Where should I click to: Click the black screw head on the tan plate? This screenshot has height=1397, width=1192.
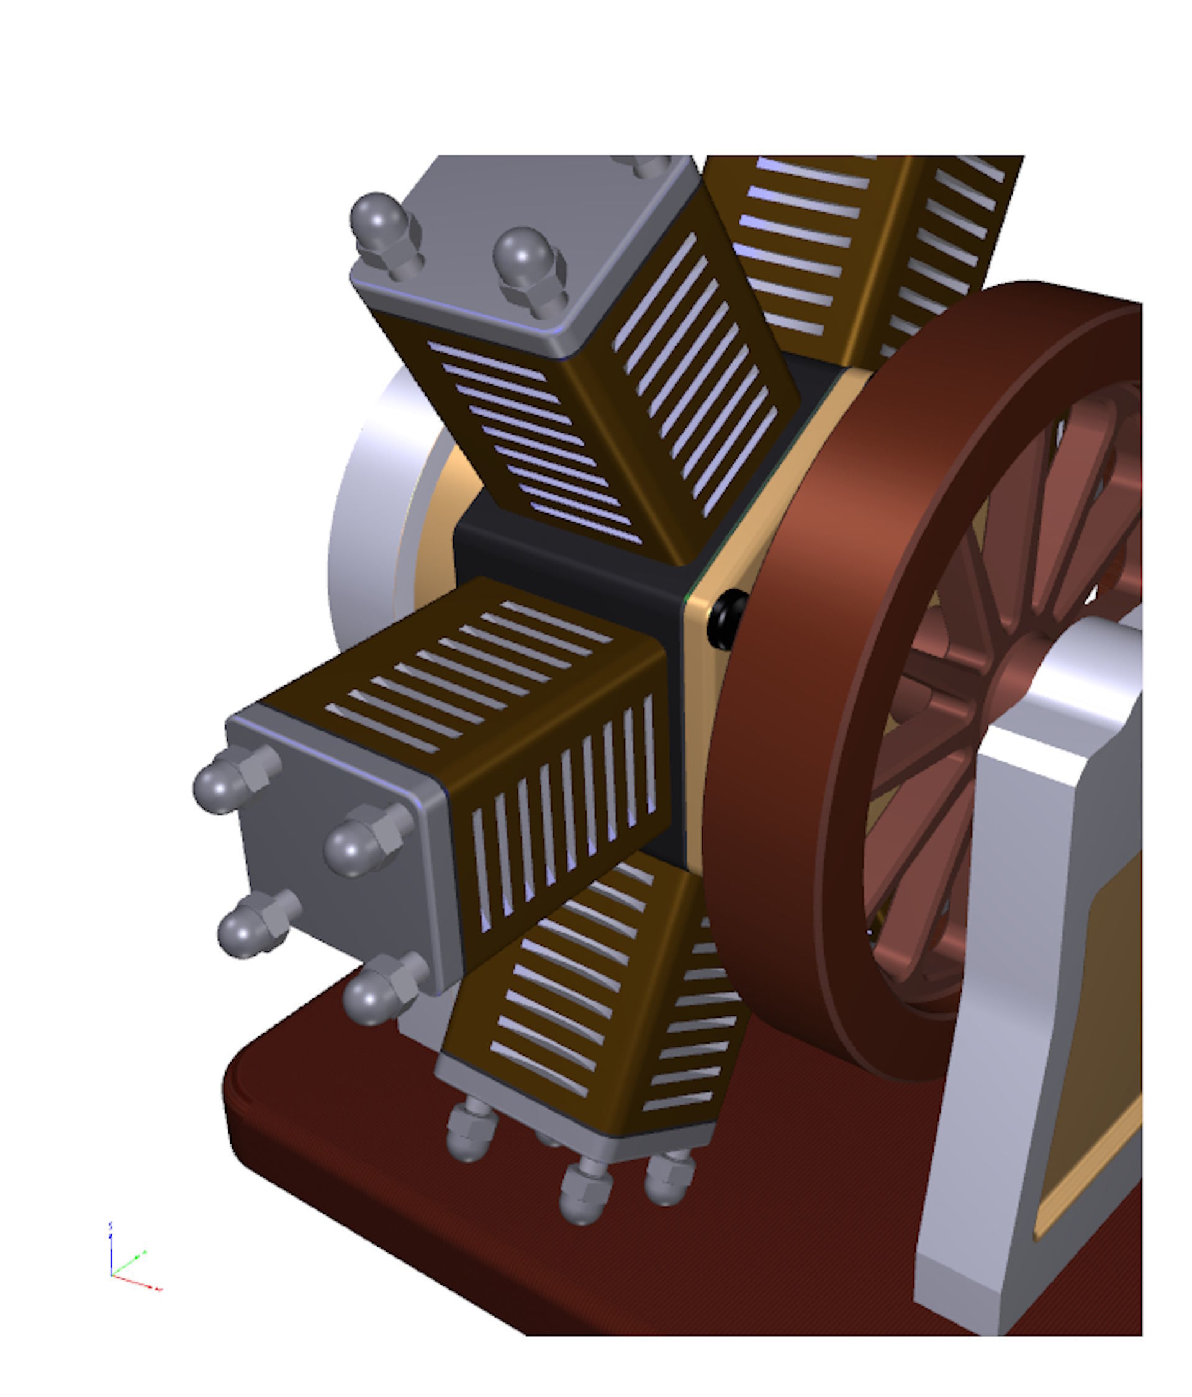coord(726,619)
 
